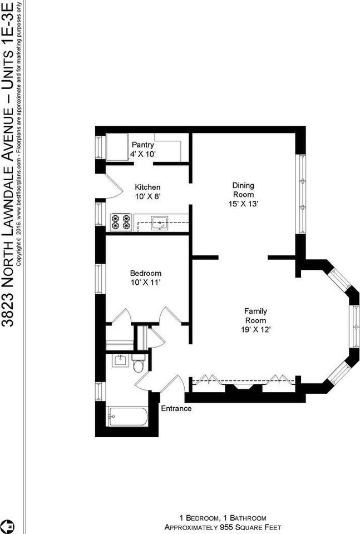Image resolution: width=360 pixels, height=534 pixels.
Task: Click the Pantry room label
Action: click(143, 145)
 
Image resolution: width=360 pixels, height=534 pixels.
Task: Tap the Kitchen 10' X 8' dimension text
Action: click(148, 196)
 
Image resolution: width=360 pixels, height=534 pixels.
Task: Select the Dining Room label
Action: click(243, 190)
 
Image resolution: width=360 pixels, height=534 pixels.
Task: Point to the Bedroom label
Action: click(146, 273)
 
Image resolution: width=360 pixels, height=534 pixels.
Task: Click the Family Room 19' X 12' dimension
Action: click(256, 330)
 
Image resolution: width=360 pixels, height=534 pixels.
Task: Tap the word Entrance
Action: click(176, 408)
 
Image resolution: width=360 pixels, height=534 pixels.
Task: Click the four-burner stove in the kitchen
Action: click(121, 222)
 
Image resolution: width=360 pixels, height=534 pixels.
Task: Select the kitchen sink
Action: click(159, 222)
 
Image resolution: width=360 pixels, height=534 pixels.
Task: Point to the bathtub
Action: click(127, 417)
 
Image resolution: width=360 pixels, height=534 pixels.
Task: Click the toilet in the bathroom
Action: click(139, 363)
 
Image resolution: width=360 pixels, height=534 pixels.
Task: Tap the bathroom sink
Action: click(120, 360)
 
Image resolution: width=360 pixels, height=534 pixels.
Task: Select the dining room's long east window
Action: click(302, 194)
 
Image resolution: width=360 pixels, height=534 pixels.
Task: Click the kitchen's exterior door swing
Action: click(113, 186)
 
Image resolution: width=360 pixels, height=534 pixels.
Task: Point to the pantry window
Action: click(99, 147)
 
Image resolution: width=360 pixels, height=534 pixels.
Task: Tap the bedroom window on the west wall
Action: click(99, 279)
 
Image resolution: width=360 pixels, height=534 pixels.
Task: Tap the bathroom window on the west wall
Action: click(99, 392)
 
